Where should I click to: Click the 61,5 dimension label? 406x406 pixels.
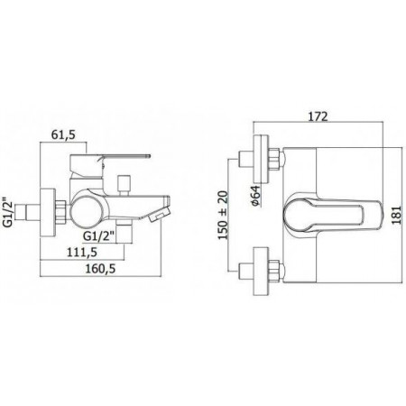tap(63, 134)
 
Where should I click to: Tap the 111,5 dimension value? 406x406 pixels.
tap(82, 252)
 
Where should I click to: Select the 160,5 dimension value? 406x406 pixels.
tap(100, 269)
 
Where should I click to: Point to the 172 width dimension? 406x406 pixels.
tap(318, 116)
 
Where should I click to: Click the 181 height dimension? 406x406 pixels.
tap(397, 215)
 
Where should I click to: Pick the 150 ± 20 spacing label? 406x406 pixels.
tap(223, 215)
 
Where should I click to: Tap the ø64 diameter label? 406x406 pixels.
tap(255, 196)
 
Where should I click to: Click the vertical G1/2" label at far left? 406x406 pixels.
tap(11, 212)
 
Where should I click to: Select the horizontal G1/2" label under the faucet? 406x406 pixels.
tap(98, 236)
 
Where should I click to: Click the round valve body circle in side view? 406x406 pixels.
tap(88, 211)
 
